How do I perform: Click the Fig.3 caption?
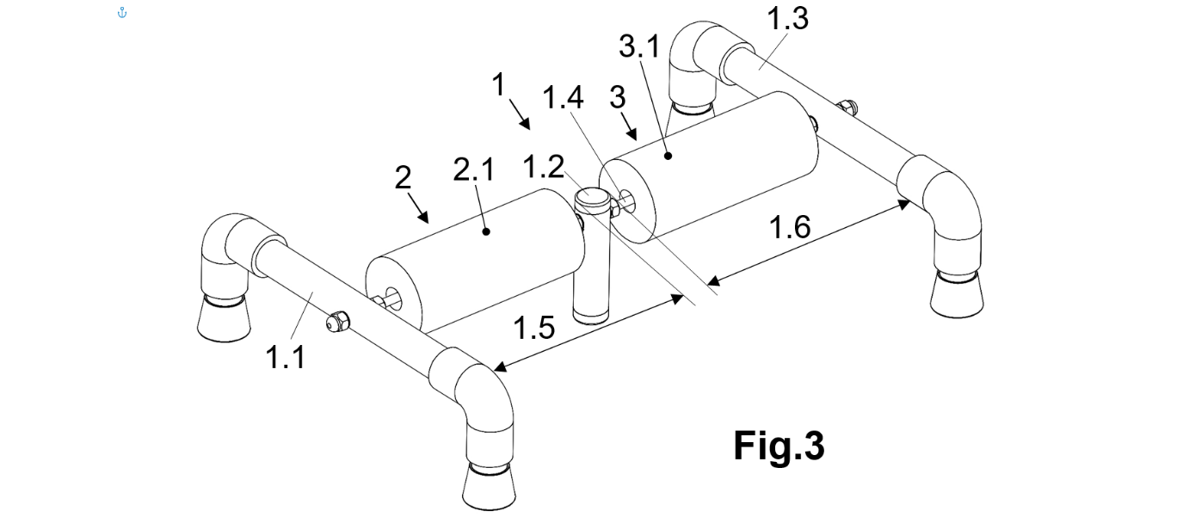click(x=778, y=446)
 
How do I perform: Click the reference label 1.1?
click(x=285, y=355)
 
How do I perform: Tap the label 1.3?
click(x=788, y=17)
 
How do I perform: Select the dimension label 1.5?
click(x=533, y=328)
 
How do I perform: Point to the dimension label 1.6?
click(x=789, y=228)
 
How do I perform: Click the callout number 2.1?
click(x=473, y=171)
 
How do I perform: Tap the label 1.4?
click(x=563, y=98)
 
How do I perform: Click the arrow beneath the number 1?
click(x=521, y=114)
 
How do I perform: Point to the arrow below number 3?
click(x=629, y=128)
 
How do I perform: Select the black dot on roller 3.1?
click(x=667, y=156)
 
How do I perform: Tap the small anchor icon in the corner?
click(x=121, y=12)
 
